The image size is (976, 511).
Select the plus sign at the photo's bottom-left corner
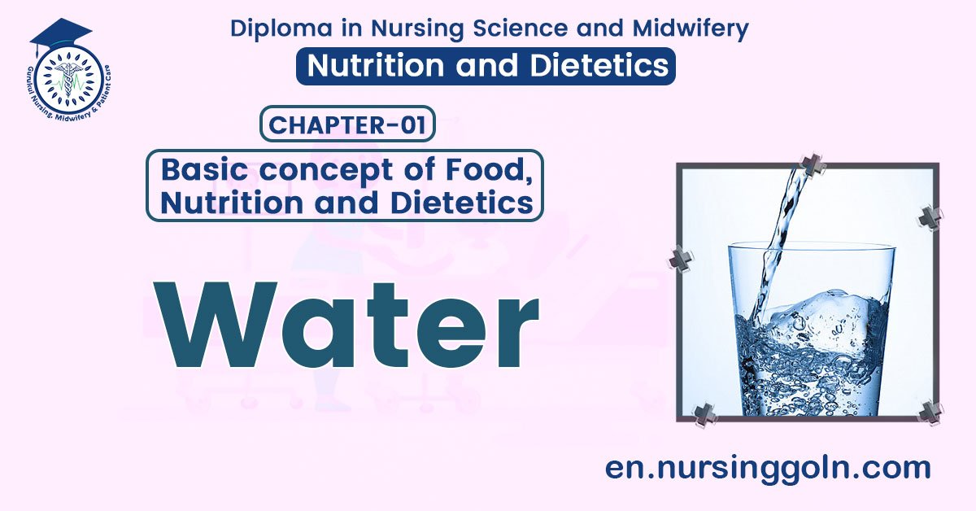704,415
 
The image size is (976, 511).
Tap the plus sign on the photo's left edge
681,259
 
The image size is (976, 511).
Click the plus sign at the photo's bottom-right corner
929,412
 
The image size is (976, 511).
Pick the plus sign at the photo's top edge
811,166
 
